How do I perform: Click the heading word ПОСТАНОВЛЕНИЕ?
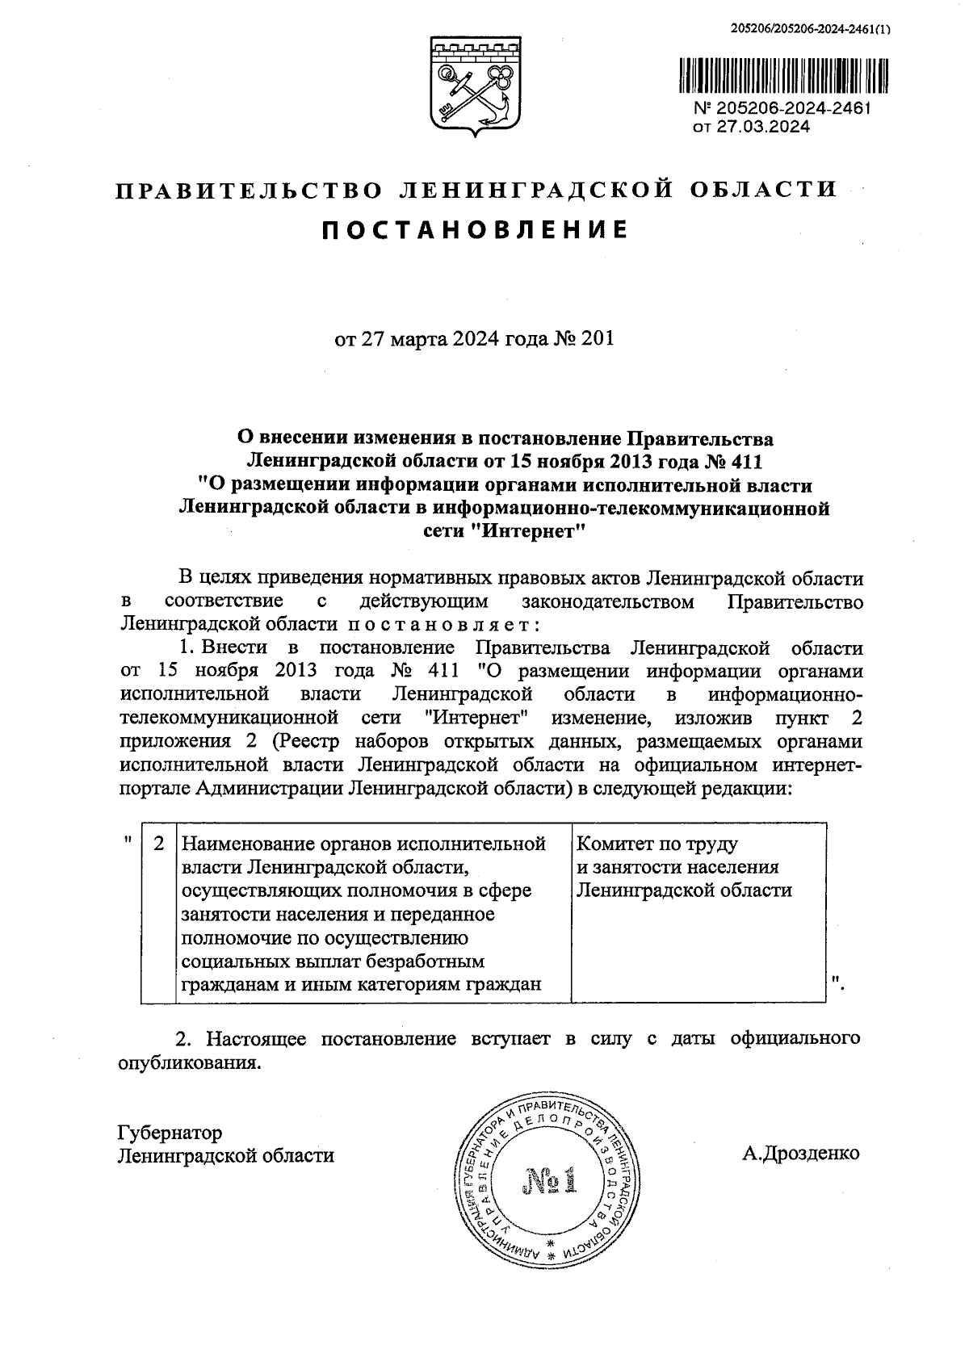click(x=475, y=230)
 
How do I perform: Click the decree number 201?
click(x=598, y=339)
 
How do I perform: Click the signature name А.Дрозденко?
click(x=801, y=1153)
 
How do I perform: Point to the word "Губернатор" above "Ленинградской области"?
click(x=170, y=1133)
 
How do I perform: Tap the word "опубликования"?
click(x=190, y=1062)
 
